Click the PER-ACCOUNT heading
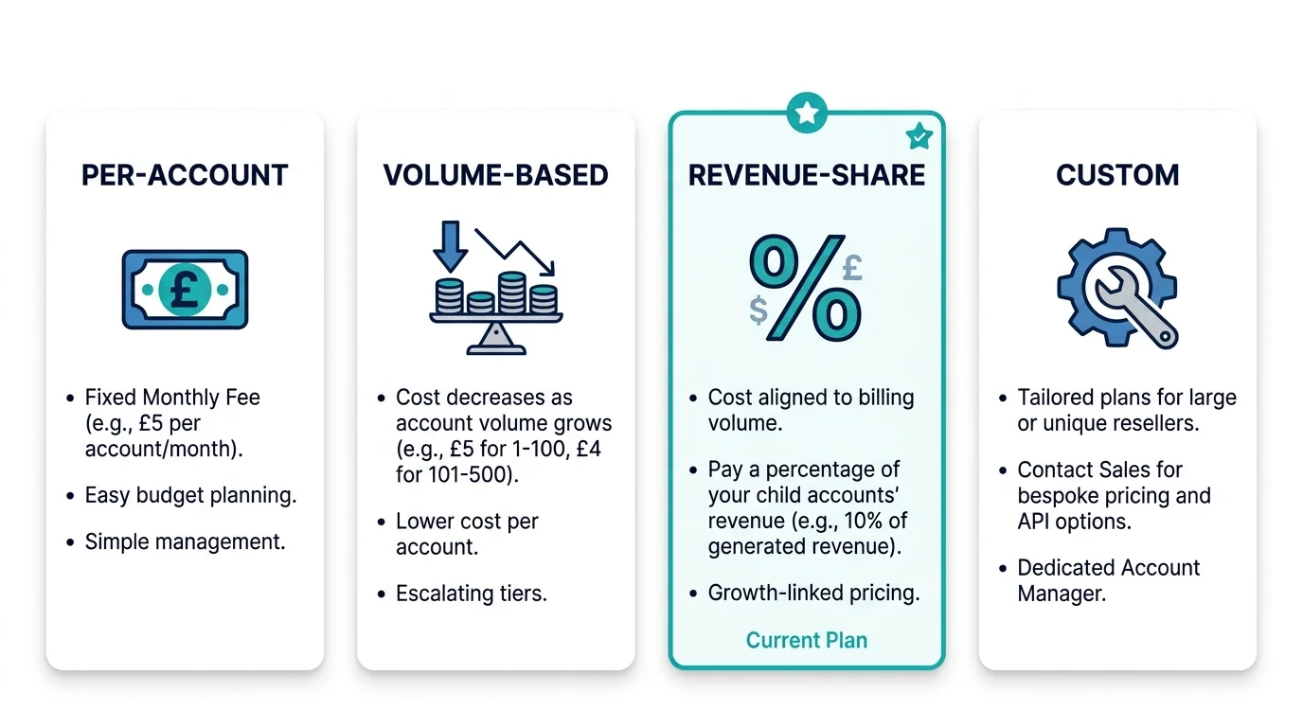[185, 175]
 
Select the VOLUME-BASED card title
[495, 175]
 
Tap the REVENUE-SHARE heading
[807, 175]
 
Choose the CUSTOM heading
[1117, 175]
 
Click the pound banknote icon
[185, 289]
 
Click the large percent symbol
[806, 288]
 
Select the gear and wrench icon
[1117, 288]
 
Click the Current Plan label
[807, 640]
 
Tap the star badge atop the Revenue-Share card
[807, 114]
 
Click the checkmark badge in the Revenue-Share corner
[919, 136]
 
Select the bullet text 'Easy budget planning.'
[190, 495]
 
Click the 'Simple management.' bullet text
[185, 541]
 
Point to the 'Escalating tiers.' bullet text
[472, 594]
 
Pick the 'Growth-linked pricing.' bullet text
[813, 594]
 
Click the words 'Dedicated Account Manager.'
[1108, 580]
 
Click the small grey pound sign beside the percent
[852, 268]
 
